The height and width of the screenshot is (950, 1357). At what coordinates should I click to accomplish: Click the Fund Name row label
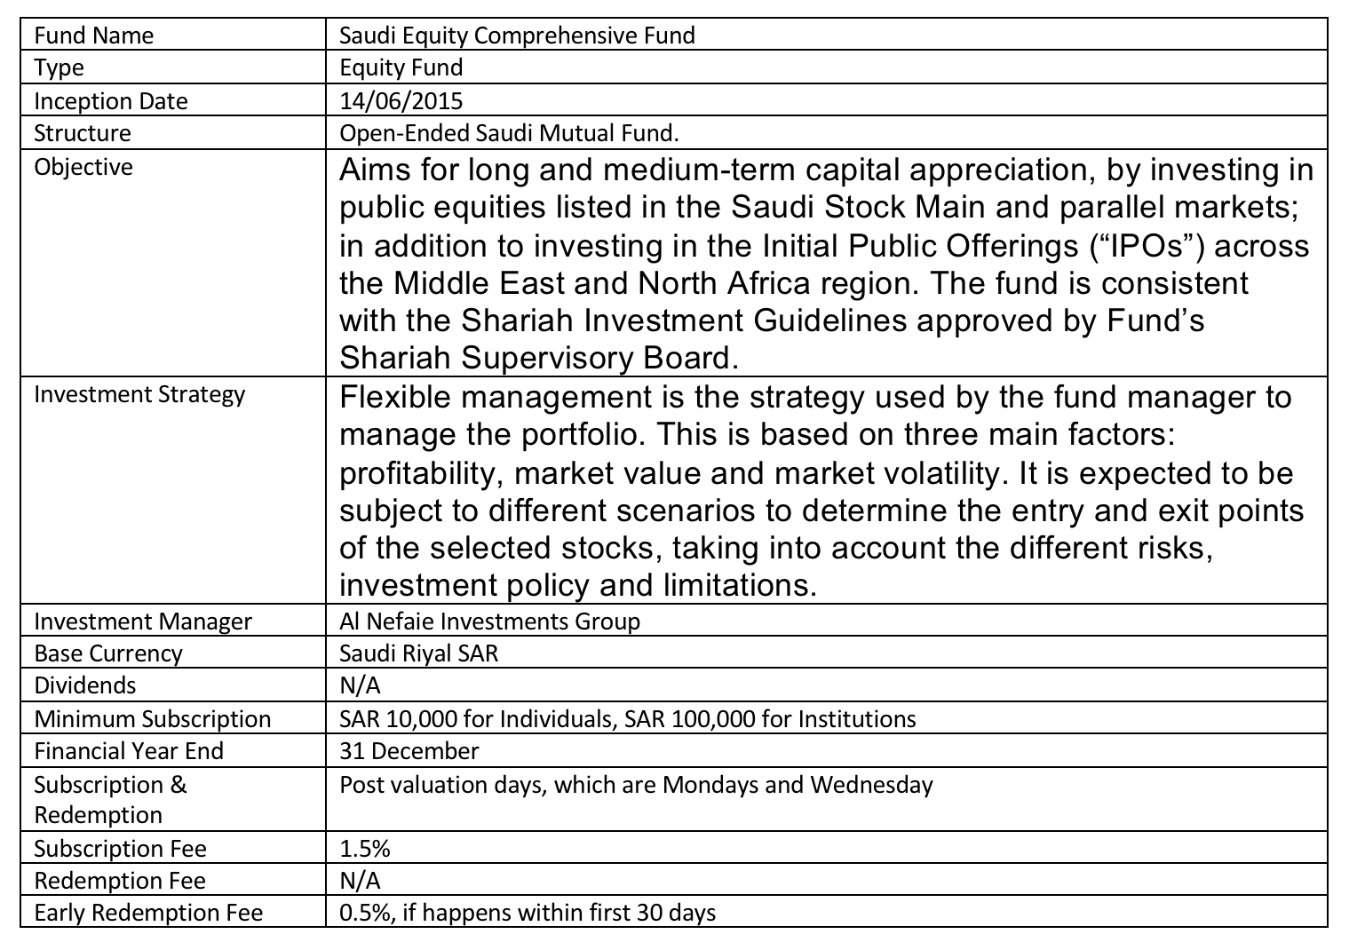point(93,36)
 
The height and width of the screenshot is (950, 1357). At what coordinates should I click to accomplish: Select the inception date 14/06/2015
point(401,100)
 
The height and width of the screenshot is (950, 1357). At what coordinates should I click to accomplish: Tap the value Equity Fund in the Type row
point(401,67)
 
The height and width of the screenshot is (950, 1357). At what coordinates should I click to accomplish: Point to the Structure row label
point(83,133)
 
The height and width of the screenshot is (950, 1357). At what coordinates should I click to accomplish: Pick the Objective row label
point(83,167)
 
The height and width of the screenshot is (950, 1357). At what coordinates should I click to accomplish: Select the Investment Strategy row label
point(139,394)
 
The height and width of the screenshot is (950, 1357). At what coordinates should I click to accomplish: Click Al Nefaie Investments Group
point(489,621)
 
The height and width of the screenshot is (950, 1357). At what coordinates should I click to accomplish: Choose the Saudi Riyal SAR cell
point(419,653)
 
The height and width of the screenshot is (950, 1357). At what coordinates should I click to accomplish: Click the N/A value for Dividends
point(361,685)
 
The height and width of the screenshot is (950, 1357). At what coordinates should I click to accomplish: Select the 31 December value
point(409,751)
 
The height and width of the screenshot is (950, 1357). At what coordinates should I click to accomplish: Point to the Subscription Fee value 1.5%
point(365,849)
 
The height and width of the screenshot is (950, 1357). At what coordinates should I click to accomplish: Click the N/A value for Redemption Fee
point(361,881)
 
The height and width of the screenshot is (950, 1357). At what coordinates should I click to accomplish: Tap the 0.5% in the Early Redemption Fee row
point(363,913)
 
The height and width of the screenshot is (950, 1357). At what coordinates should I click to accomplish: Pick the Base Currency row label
point(108,653)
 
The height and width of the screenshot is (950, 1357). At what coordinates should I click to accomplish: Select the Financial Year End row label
point(129,751)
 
